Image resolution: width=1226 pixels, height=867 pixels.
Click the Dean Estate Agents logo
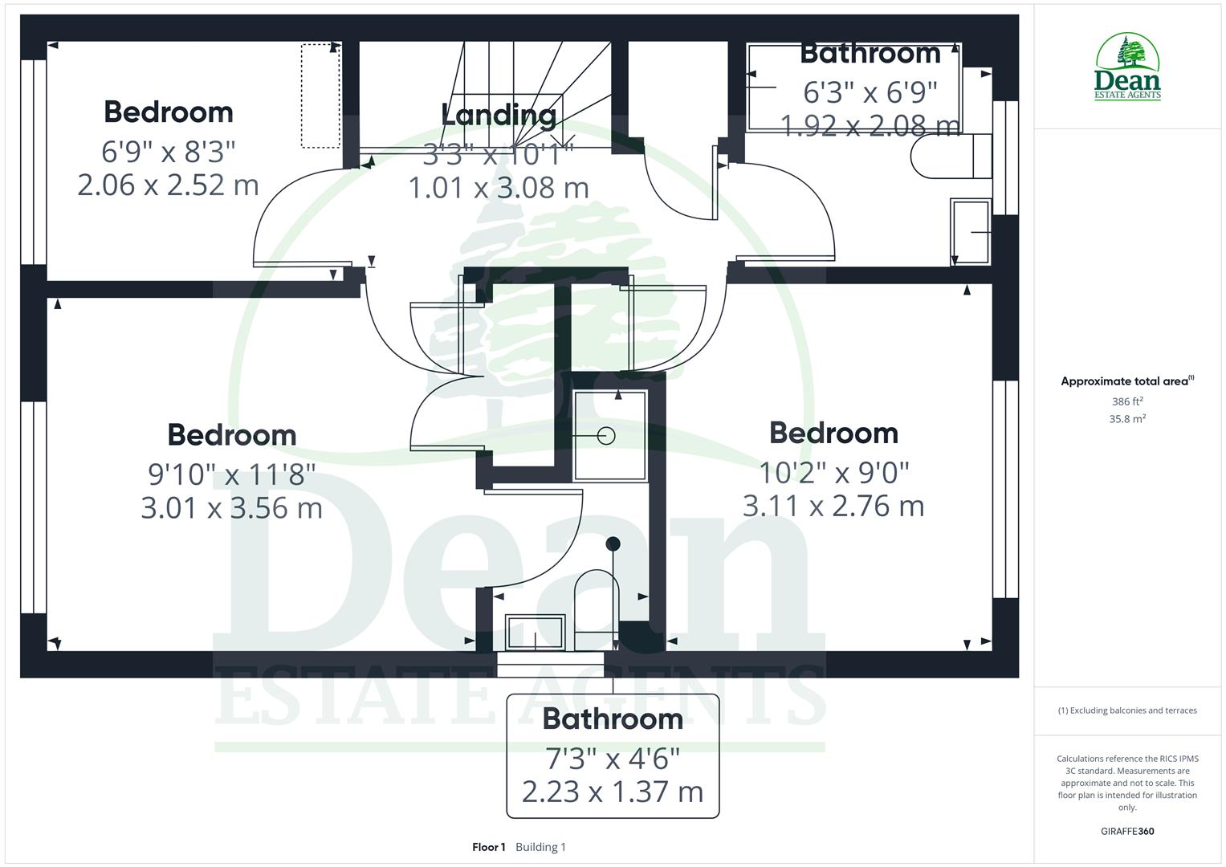point(1127,67)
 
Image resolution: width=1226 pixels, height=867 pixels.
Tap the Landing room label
point(499,115)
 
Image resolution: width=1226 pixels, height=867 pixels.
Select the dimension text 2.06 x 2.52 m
point(168,185)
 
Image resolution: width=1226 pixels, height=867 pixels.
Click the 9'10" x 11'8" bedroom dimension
point(231,474)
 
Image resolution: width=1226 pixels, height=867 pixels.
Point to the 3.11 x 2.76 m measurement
point(833,507)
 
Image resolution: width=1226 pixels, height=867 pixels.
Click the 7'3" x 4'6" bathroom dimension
point(613,758)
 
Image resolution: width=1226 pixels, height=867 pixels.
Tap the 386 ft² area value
point(1126,401)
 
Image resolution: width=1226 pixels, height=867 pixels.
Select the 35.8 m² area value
point(1126,419)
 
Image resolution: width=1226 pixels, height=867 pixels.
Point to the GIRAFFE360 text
point(1126,832)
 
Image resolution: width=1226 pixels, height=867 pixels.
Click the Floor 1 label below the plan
point(488,847)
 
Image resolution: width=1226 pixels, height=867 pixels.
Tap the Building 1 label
point(540,847)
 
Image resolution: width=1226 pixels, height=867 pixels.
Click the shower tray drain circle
point(606,436)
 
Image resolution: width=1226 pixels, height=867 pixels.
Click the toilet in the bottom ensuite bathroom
point(597,609)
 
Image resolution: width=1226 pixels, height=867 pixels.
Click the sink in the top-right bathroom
point(971,231)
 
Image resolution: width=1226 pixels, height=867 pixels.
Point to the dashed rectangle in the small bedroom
point(320,96)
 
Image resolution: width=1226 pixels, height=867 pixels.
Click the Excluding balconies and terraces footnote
point(1127,710)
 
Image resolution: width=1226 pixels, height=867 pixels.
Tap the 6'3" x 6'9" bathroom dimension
point(870,92)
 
